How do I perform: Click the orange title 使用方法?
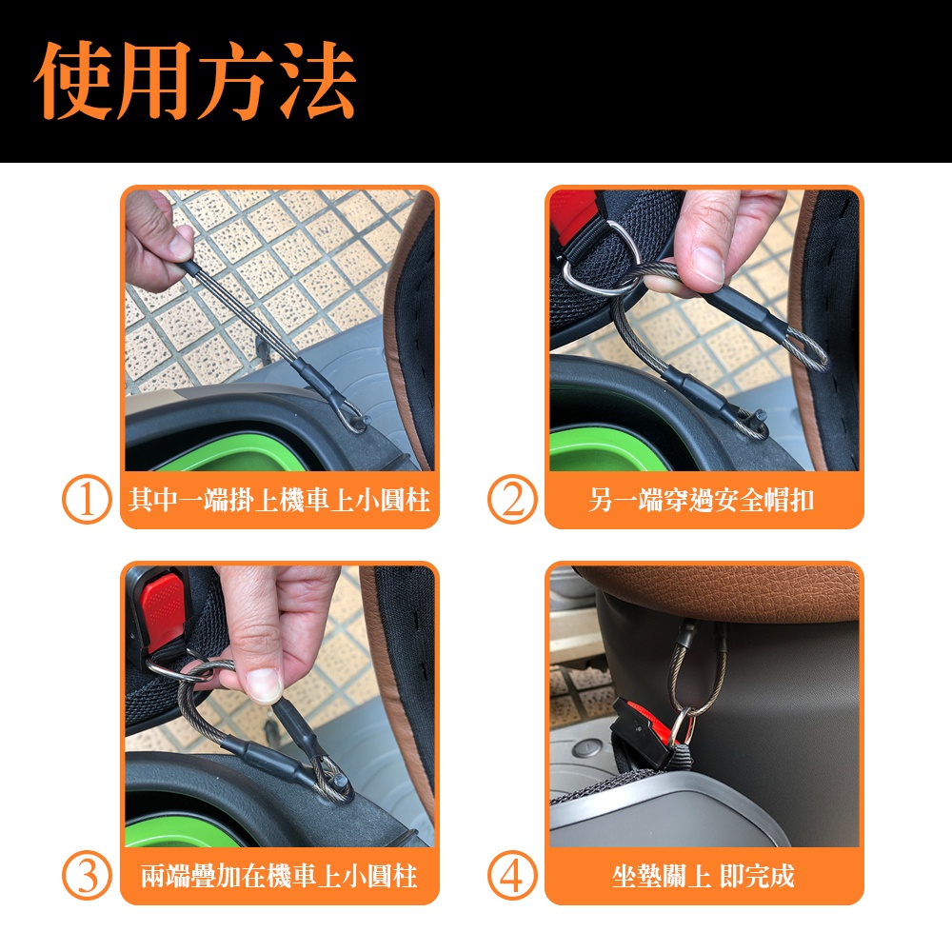pyautogui.click(x=195, y=80)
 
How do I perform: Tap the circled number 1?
pyautogui.click(x=87, y=500)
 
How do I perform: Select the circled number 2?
pyautogui.click(x=512, y=500)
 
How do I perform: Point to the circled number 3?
pyautogui.click(x=87, y=876)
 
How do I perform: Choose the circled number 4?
pyautogui.click(x=512, y=876)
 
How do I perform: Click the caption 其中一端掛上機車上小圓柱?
pyautogui.click(x=279, y=501)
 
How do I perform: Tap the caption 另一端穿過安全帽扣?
pyautogui.click(x=702, y=501)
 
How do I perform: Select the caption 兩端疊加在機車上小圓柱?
pyautogui.click(x=279, y=876)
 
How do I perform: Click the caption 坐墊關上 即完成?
pyautogui.click(x=704, y=876)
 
